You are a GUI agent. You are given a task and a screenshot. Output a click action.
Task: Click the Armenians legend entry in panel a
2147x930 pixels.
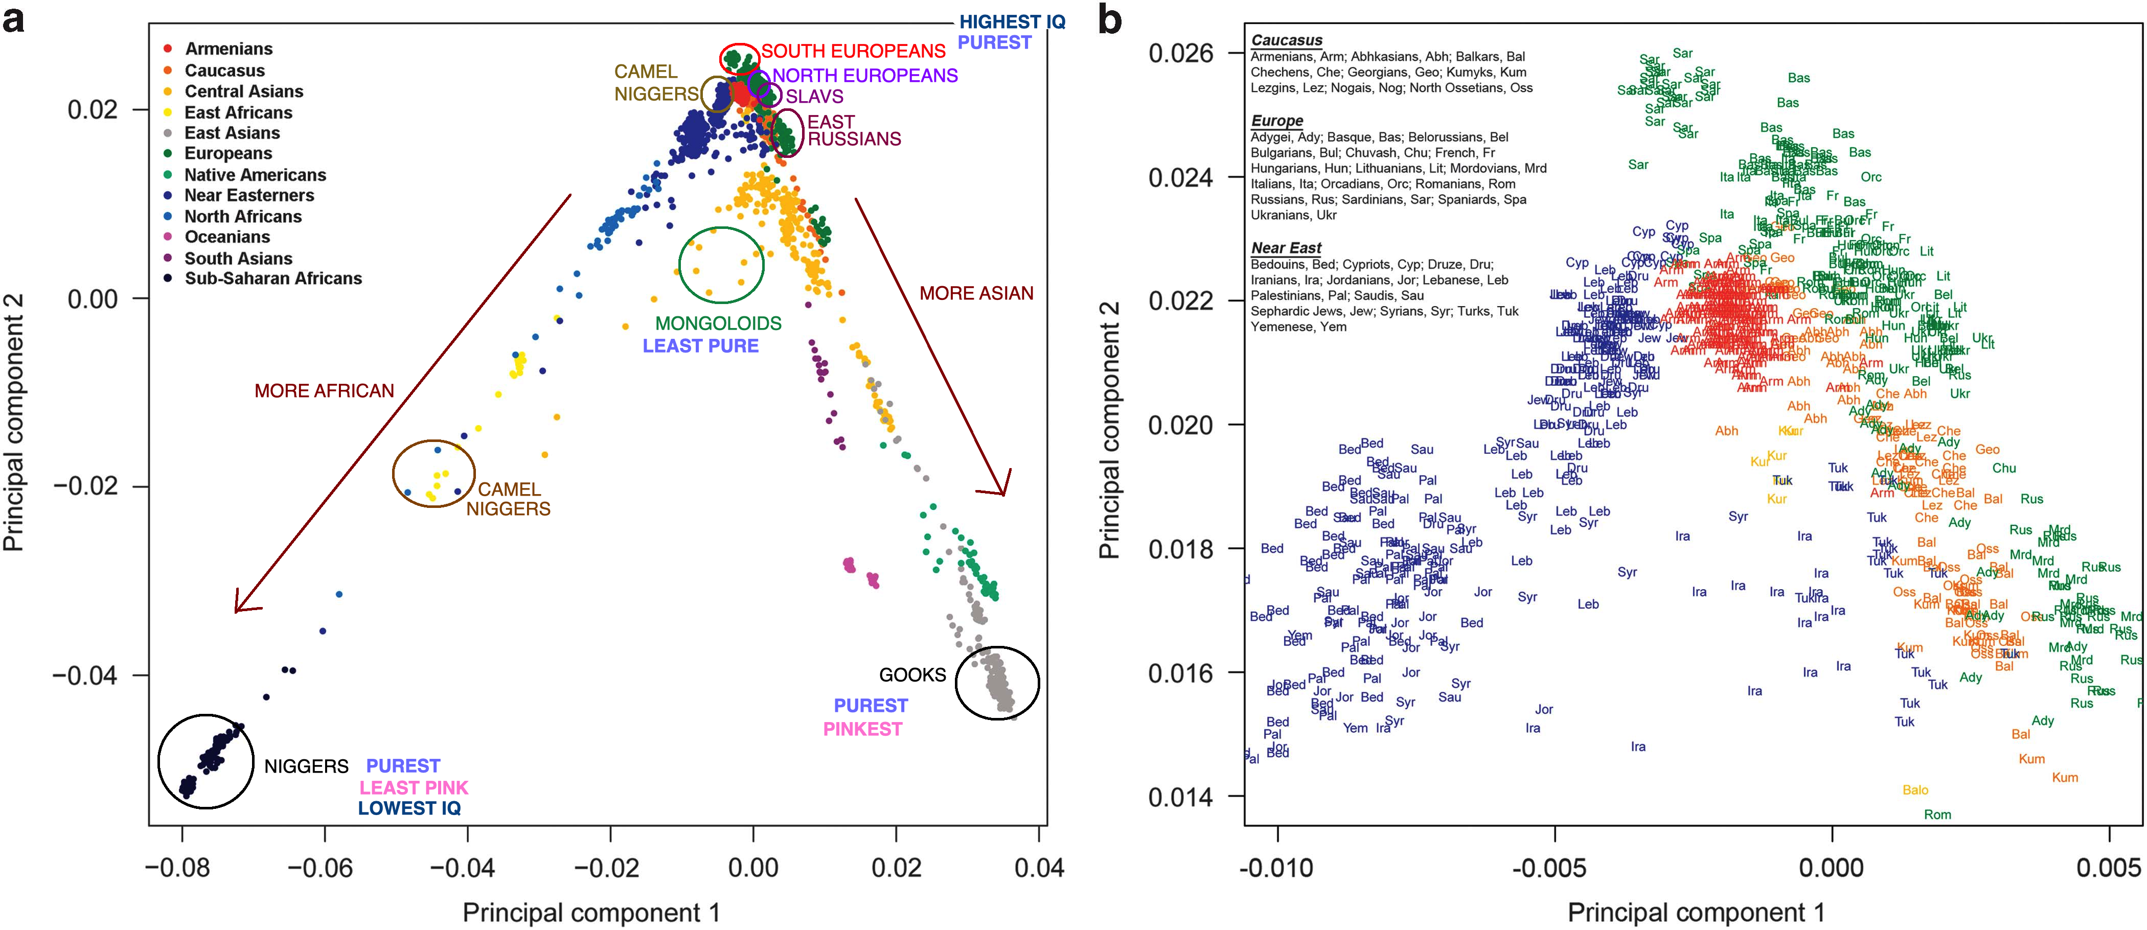click(227, 49)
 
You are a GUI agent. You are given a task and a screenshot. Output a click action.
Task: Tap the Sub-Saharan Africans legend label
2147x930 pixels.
click(272, 279)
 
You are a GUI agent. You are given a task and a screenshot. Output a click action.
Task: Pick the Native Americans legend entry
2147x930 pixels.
click(254, 175)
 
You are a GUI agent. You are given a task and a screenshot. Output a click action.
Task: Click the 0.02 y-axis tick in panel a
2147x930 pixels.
click(93, 109)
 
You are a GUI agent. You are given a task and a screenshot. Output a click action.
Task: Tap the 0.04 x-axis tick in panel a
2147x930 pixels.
click(1039, 868)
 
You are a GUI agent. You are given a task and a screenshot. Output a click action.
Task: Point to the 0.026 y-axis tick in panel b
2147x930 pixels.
click(1180, 53)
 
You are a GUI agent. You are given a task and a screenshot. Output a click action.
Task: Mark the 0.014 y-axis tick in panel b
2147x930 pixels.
click(1180, 798)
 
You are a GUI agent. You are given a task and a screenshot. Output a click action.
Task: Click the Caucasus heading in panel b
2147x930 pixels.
click(1286, 40)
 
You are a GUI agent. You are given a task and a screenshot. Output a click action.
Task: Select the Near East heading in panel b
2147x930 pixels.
click(1286, 247)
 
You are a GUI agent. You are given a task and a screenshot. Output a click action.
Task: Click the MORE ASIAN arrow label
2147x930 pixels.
click(976, 293)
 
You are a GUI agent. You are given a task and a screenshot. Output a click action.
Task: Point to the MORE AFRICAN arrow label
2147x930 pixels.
click(324, 391)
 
